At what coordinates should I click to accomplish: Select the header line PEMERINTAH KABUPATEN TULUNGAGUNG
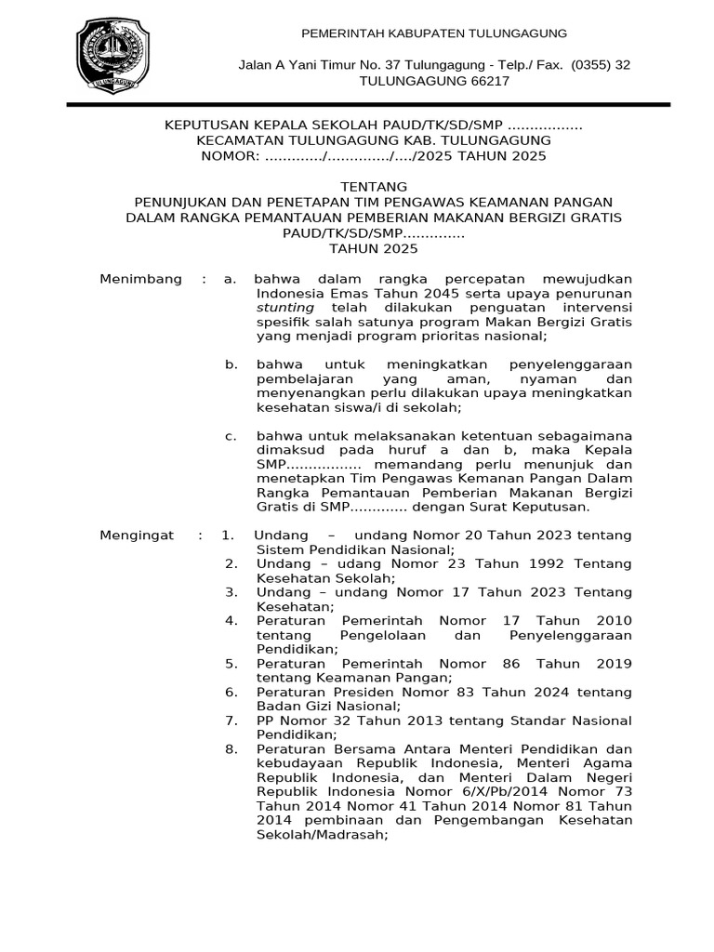point(435,33)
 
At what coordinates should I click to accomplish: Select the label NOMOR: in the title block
point(230,156)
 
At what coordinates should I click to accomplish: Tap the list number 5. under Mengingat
point(231,664)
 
